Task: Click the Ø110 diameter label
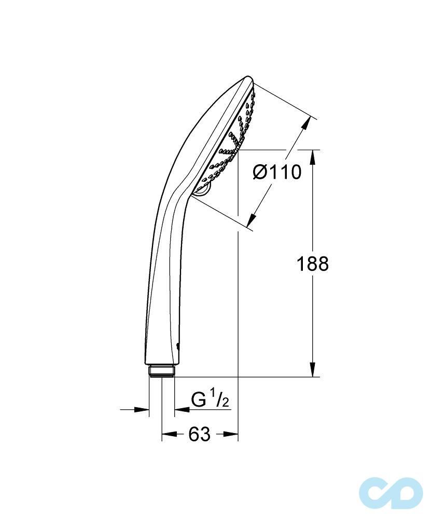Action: click(277, 171)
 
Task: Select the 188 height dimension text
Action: click(312, 264)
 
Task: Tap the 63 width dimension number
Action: click(199, 434)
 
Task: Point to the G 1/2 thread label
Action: click(210, 400)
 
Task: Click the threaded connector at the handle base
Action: click(161, 371)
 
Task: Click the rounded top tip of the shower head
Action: click(248, 79)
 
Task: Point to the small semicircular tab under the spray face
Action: click(203, 189)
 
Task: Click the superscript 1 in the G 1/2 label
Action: click(213, 396)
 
